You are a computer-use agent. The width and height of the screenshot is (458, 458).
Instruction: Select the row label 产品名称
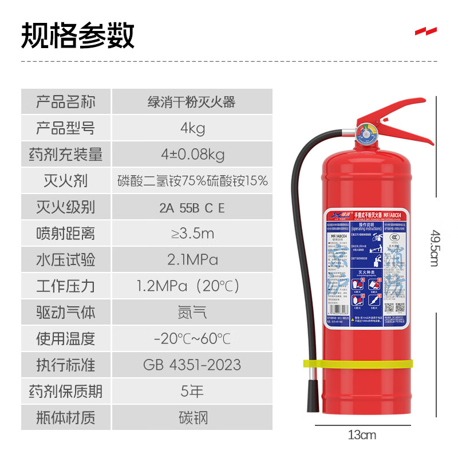(x=65, y=102)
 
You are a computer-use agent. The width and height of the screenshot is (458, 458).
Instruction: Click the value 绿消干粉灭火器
(x=192, y=102)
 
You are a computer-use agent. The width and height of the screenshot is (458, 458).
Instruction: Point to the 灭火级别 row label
(x=65, y=207)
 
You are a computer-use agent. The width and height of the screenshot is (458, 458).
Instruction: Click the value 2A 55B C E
(x=192, y=207)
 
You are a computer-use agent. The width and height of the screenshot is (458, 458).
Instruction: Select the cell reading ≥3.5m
(x=192, y=234)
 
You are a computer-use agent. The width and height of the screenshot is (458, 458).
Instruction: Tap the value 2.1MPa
(x=192, y=260)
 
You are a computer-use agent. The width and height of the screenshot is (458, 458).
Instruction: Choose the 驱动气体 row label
(x=65, y=313)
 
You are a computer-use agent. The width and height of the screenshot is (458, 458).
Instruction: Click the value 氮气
(x=192, y=313)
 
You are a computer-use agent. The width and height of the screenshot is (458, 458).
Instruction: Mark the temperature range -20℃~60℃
(x=192, y=338)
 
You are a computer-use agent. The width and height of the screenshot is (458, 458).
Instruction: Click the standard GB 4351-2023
(x=192, y=365)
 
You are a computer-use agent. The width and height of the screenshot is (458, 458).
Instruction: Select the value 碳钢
(x=192, y=417)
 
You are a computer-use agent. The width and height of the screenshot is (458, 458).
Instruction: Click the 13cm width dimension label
(x=362, y=435)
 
